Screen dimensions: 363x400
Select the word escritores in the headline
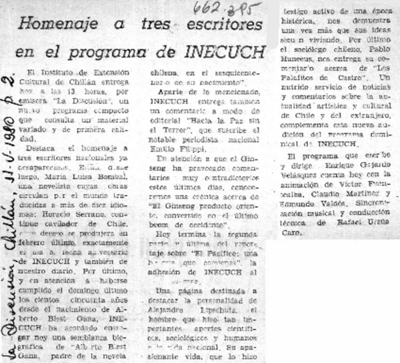226,25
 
